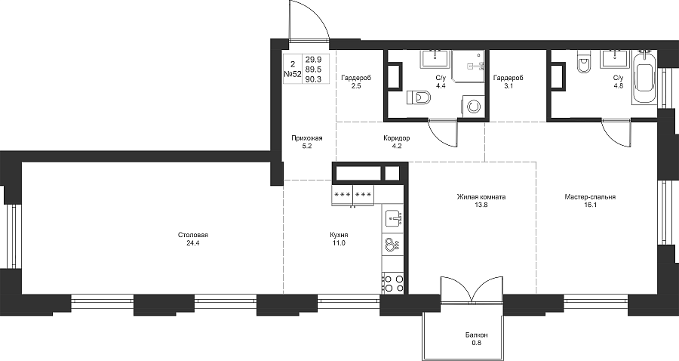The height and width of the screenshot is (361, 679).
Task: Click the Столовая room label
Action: tap(192, 236)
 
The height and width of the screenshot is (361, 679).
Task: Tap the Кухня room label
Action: tap(339, 236)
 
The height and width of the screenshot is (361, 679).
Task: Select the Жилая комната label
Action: tap(481, 197)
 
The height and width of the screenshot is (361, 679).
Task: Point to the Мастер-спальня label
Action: tap(590, 197)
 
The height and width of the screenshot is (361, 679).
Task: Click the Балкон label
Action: tap(477, 335)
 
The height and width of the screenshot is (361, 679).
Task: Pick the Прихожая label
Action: tap(307, 138)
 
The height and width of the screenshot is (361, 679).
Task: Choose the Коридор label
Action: tap(396, 138)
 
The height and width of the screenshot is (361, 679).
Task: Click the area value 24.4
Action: tap(192, 243)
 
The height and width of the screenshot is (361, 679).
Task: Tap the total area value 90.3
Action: tap(313, 79)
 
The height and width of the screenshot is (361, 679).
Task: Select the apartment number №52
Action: tap(292, 74)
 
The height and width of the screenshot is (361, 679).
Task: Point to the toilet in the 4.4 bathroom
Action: tap(419, 98)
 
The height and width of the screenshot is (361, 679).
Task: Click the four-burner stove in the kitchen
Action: tap(394, 283)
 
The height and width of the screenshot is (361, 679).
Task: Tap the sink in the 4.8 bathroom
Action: tap(615, 60)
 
